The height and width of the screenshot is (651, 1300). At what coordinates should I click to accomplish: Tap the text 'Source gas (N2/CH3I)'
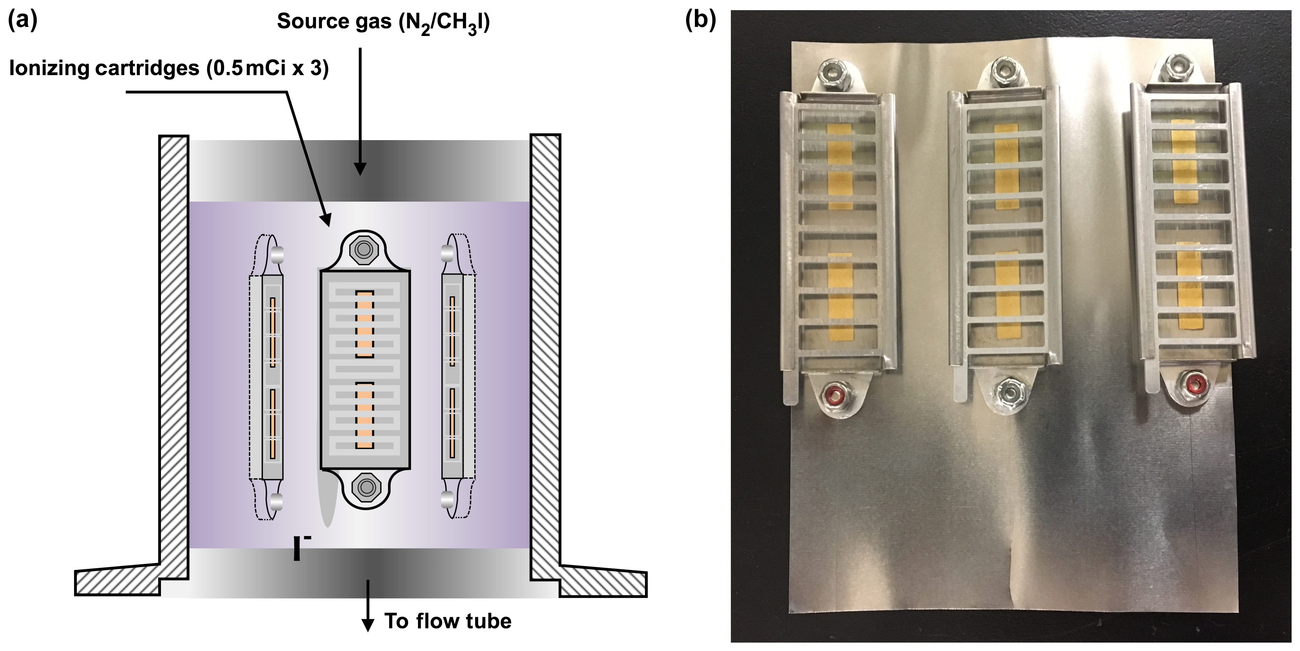(383, 23)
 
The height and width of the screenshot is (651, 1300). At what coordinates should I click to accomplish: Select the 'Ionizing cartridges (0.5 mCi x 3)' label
(169, 68)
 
